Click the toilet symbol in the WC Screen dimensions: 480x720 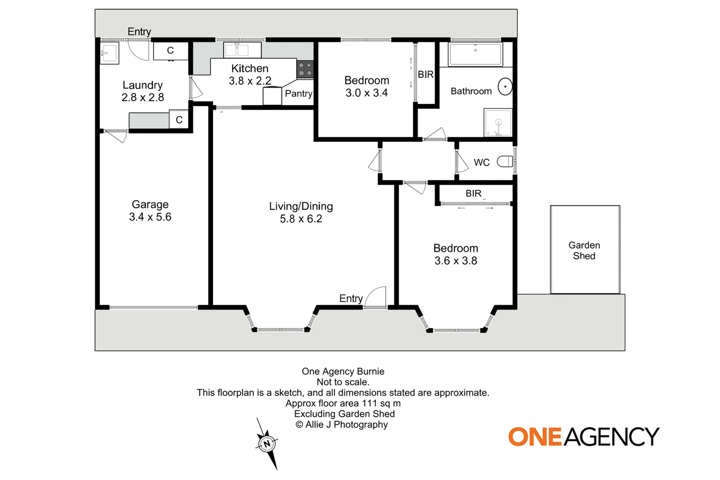click(505, 162)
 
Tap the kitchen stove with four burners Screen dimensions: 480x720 click(305, 69)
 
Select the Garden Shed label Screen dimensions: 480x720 click(584, 251)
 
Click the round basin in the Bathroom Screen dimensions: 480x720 click(505, 87)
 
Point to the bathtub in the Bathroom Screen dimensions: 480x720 click(475, 54)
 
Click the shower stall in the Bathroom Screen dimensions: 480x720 click(498, 123)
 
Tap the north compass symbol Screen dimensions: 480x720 click(267, 444)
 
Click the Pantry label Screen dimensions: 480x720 click(298, 94)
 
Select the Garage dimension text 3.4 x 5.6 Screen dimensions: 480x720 click(150, 217)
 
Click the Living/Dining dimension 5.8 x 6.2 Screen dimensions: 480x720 click(301, 219)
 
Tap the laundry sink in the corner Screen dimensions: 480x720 click(109, 54)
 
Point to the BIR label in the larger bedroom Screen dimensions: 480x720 click(473, 193)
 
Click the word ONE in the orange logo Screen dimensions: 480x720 click(535, 437)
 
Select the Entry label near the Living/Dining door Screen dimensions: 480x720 click(351, 298)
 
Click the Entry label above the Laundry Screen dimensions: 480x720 click(139, 32)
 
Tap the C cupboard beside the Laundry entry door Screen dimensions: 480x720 click(170, 51)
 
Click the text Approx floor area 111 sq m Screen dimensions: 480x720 click(343, 404)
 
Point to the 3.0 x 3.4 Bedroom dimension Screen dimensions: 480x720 click(367, 93)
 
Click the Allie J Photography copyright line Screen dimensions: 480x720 click(342, 424)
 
